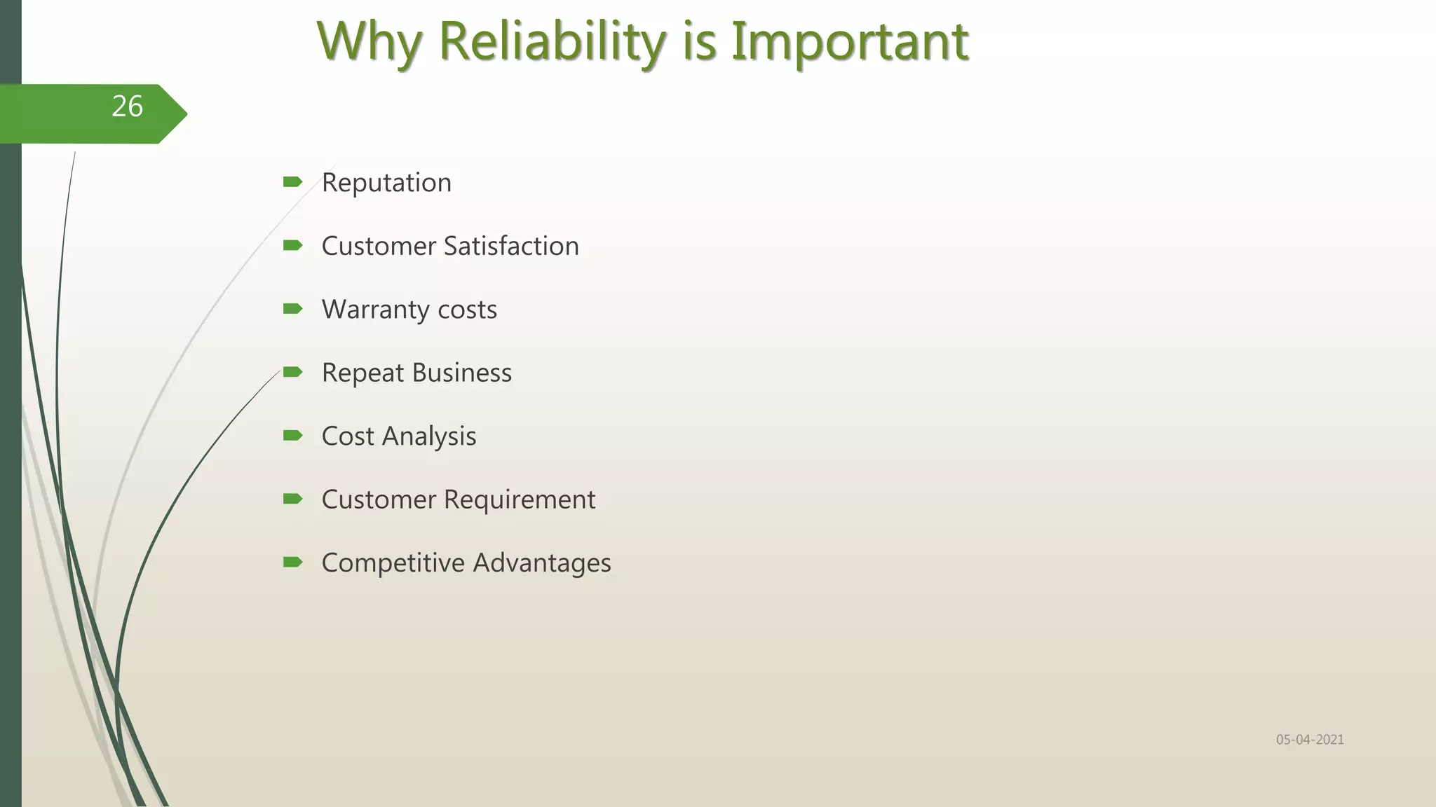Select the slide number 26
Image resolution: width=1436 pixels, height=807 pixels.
point(127,106)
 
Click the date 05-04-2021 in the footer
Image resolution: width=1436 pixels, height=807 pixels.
point(1310,740)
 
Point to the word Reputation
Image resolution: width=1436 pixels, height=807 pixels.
point(386,183)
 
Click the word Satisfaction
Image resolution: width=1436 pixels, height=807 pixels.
point(511,246)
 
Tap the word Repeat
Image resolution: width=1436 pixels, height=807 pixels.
point(363,373)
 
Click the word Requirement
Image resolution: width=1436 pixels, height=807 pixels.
point(520,499)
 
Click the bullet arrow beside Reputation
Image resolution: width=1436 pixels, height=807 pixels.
point(292,182)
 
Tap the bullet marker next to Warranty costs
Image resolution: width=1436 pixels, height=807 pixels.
point(292,309)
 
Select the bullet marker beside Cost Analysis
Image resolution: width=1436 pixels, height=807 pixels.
point(292,436)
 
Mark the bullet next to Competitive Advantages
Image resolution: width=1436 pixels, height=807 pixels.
point(292,562)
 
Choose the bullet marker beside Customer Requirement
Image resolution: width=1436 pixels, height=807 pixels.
point(292,499)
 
